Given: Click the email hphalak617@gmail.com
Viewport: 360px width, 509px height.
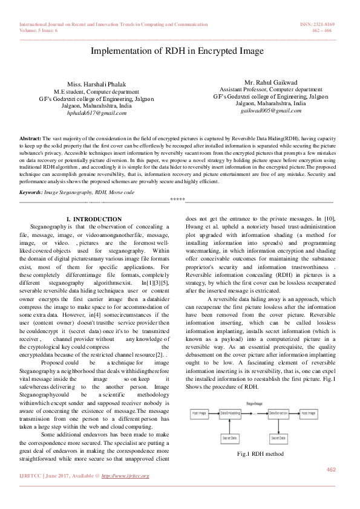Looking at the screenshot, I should [97, 112].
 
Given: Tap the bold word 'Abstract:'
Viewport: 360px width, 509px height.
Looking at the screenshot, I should [30, 138].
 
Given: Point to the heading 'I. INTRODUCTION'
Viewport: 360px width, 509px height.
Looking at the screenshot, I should [94, 219].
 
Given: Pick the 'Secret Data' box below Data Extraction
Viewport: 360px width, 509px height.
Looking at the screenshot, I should [279, 437].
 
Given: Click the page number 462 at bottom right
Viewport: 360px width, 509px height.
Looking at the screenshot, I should [331, 470].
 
